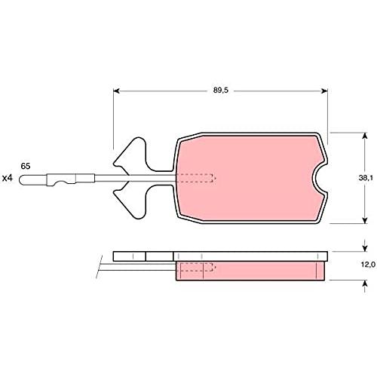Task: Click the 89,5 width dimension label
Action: [x=221, y=90]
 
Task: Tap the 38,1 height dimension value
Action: [x=366, y=178]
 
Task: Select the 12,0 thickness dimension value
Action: [x=368, y=265]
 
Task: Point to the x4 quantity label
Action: [x=7, y=178]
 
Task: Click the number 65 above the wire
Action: [x=26, y=166]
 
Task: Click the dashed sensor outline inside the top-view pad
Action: [x=195, y=178]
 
